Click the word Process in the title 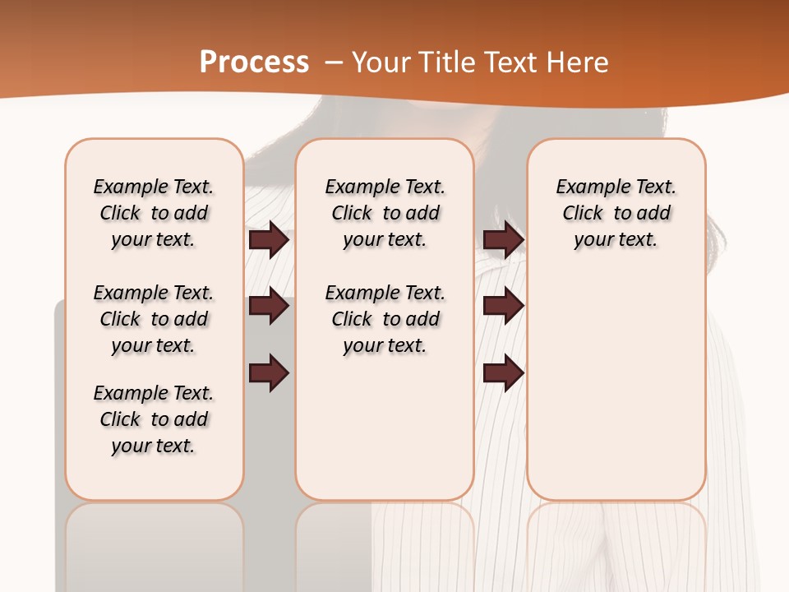coord(254,62)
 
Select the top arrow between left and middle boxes coord(269,239)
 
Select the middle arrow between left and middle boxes coord(269,306)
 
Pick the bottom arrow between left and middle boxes coord(269,372)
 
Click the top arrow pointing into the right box coord(503,239)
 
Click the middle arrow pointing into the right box coord(503,306)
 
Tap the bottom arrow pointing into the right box coord(503,372)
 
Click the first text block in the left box coord(154,213)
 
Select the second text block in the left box coord(154,319)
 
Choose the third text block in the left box coord(154,419)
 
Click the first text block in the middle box coord(385,213)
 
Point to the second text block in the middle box coord(385,319)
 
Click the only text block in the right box coord(616,213)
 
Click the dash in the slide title coord(334,62)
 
